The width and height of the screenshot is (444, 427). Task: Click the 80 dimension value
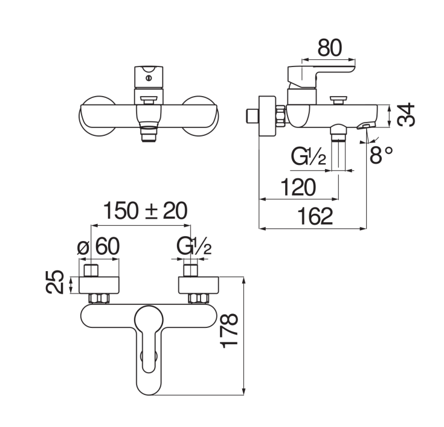tap(330, 48)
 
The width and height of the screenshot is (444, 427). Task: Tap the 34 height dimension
tap(406, 115)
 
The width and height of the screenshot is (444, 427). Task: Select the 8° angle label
tap(381, 155)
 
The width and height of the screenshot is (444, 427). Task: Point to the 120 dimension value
tap(298, 187)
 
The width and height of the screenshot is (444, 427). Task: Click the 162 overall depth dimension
tap(315, 216)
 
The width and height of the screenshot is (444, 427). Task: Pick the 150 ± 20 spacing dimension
tap(145, 211)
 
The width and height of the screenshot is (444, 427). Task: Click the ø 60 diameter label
tap(98, 246)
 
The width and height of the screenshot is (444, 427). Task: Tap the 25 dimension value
tap(54, 282)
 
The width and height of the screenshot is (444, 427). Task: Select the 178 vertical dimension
tap(229, 330)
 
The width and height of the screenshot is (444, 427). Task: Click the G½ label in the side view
tap(309, 157)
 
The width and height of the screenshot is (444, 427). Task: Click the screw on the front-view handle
tap(149, 78)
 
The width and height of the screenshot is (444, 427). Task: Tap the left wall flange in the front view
tap(97, 116)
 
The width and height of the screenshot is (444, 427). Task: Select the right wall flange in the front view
tap(200, 116)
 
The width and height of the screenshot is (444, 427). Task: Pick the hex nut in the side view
tap(280, 116)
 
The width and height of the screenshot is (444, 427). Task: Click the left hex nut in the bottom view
tap(99, 298)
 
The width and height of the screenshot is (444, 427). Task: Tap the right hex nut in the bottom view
tap(199, 298)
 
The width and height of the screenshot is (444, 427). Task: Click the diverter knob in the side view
tap(338, 100)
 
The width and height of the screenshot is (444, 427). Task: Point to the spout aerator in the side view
tap(366, 125)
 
